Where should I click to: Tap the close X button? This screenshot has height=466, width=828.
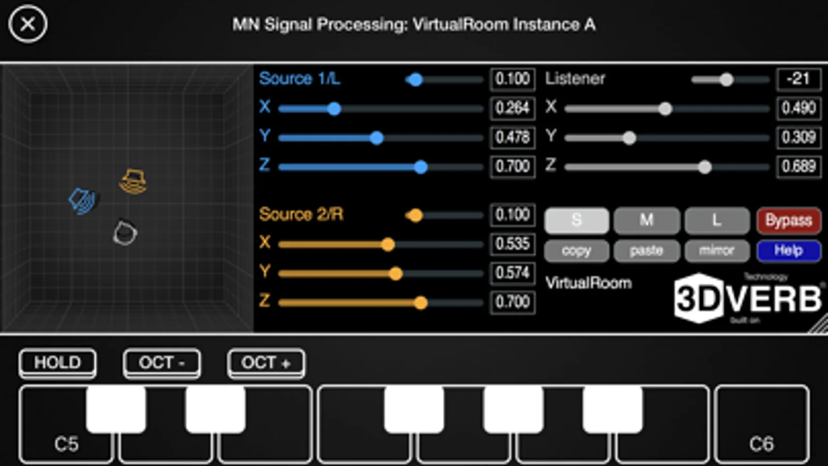(27, 24)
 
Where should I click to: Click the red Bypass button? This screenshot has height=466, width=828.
(789, 221)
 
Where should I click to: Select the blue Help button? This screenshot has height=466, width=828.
(789, 251)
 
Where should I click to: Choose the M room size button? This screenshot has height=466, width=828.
(646, 221)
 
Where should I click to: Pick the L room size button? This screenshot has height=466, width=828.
(717, 221)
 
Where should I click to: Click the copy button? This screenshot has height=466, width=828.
(576, 251)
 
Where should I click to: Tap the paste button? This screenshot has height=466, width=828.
(646, 251)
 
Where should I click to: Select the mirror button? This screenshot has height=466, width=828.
(717, 251)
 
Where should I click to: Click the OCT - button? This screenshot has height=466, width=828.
(162, 362)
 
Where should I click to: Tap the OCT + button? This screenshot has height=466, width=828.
(266, 362)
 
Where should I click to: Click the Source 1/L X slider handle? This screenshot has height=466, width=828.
(334, 109)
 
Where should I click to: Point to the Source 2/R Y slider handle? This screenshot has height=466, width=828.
(396, 273)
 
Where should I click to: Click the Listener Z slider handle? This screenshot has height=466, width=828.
(704, 167)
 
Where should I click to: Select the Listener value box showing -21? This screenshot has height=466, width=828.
(798, 79)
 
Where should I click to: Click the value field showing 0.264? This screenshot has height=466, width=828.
(512, 108)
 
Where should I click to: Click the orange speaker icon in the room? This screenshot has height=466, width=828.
(133, 182)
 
